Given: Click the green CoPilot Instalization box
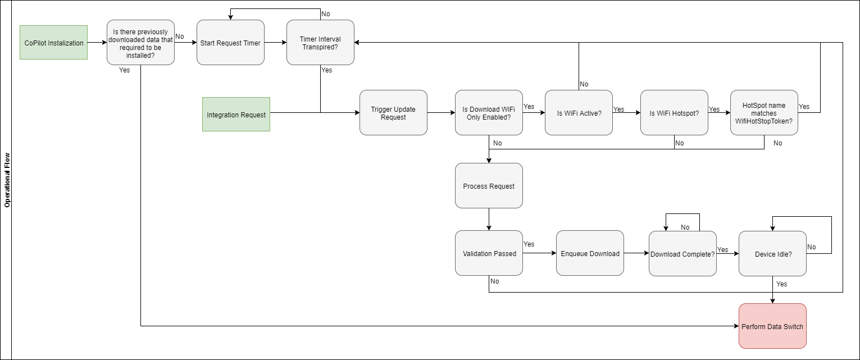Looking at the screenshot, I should point(53,43).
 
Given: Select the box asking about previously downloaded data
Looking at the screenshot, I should point(140,43).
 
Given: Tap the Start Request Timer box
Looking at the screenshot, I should point(230,43).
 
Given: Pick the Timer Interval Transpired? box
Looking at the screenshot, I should point(320,43).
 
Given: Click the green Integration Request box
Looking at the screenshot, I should point(236,115).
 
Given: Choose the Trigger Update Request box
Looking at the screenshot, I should point(393,113).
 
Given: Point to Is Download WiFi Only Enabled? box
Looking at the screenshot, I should point(489,113).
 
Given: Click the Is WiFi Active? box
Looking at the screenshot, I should point(579,113).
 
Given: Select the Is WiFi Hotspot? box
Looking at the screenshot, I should point(674,113).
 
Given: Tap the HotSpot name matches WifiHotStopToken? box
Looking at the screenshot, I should point(764,113).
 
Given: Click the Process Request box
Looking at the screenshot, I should point(489,186).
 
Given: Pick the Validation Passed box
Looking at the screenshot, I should point(489,253).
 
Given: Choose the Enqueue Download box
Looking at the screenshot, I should point(590,253).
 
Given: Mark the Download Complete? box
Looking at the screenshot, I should point(682,254).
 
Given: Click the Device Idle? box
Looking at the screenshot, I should point(772,254).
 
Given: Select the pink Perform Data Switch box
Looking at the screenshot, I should point(772,326).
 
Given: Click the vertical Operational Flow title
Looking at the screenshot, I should point(7,180).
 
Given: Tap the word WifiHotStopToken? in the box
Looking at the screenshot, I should point(764,121).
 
